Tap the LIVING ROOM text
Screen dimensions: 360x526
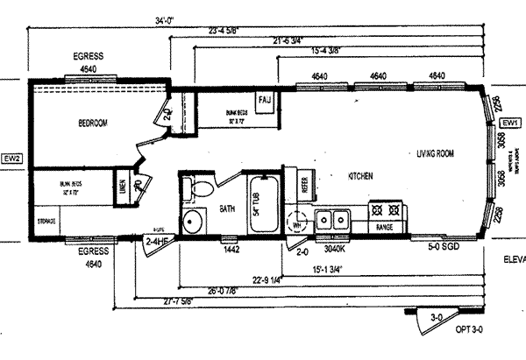coord(436,154)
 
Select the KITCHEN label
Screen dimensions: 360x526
coord(359,176)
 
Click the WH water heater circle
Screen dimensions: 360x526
coord(298,220)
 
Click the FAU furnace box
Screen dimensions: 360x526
coord(267,101)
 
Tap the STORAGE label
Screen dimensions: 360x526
coord(47,222)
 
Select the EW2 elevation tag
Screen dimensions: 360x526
coord(11,158)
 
